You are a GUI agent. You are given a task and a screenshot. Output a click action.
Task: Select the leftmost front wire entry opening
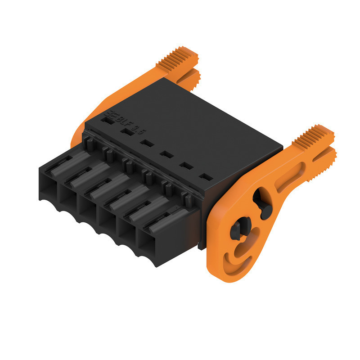[x=49, y=184]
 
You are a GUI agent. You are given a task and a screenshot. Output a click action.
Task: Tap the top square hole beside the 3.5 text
[x=127, y=132]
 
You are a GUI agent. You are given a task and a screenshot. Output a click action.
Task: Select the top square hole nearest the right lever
[x=205, y=177]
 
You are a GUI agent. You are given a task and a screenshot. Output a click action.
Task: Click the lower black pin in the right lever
[x=238, y=227]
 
